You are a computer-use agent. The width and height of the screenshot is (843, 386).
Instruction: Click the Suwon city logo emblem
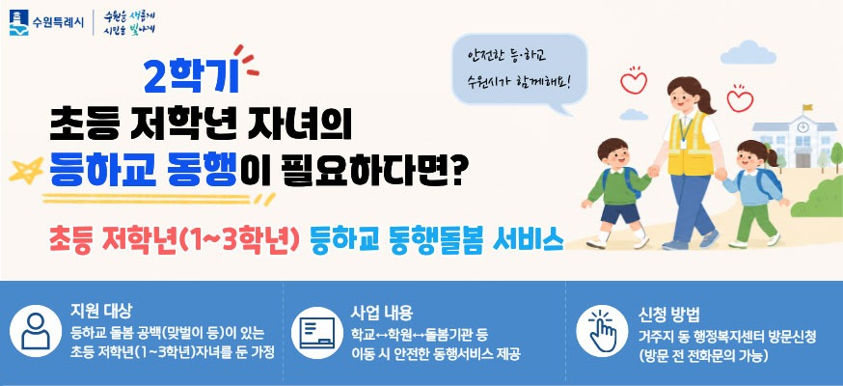click(x=19, y=22)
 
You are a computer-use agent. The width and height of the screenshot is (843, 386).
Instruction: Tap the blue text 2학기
click(x=191, y=76)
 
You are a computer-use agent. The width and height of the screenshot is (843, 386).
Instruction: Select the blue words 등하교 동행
click(x=143, y=169)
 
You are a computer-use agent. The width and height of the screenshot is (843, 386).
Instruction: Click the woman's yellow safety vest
click(x=690, y=144)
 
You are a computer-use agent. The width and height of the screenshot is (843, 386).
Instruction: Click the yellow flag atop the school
click(x=807, y=107)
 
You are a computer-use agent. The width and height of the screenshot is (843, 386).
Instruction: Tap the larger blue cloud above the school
click(x=748, y=53)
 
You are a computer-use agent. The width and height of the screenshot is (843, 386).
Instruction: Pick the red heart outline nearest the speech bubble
click(x=634, y=81)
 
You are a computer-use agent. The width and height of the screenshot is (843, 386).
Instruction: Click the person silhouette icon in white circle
click(x=36, y=331)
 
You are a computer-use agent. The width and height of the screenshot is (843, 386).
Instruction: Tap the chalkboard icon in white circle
click(x=317, y=332)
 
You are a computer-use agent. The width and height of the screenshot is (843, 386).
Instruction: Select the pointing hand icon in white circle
click(x=602, y=331)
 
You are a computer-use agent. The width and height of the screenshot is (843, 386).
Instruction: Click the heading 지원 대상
click(x=101, y=310)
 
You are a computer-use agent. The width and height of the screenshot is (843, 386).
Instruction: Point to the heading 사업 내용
click(x=382, y=313)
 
